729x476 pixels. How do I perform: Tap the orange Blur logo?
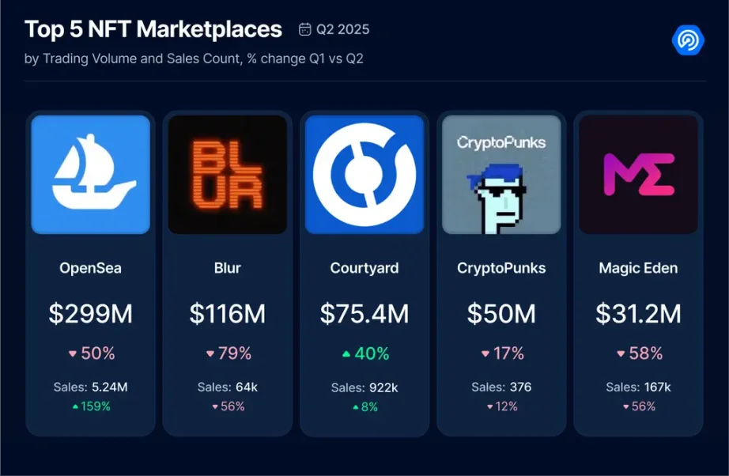227,175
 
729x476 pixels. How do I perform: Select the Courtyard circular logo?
364,175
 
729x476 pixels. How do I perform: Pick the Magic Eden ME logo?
638,175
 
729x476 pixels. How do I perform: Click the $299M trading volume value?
90,314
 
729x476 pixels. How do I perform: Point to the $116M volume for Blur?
227,314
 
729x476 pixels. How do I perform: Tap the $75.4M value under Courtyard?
364,314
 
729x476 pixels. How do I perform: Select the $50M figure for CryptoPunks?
501,314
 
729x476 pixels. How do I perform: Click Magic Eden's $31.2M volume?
638,314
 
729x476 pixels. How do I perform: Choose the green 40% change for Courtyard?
371,353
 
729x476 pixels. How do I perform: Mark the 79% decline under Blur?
234,353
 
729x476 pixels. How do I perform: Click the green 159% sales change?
95,406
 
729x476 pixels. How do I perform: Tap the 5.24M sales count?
110,387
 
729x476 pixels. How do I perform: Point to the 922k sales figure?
383,387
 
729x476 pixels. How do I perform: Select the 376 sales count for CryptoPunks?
520,387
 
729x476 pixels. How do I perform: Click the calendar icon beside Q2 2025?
305,30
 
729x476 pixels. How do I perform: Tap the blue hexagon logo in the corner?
687,40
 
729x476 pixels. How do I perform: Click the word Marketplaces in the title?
210,29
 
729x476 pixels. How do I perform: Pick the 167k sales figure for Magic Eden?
657,387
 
